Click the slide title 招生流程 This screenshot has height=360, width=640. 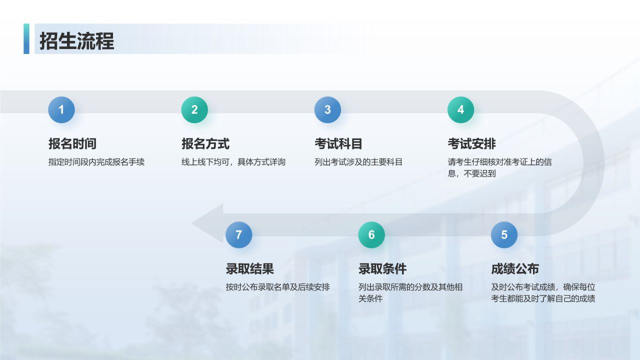pyautogui.click(x=77, y=41)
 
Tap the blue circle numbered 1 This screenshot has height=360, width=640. pyautogui.click(x=61, y=109)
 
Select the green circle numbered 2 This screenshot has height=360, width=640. pyautogui.click(x=194, y=109)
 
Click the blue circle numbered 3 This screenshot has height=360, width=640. pyautogui.click(x=327, y=109)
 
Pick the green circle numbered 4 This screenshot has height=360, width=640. pyautogui.click(x=461, y=109)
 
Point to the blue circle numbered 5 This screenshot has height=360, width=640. pyautogui.click(x=504, y=235)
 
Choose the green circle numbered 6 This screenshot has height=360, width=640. pyautogui.click(x=371, y=235)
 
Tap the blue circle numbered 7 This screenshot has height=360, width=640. pyautogui.click(x=239, y=235)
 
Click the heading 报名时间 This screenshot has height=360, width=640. pyautogui.click(x=72, y=143)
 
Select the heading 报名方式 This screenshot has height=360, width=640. pyautogui.click(x=205, y=143)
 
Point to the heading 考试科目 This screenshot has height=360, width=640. pyautogui.click(x=338, y=143)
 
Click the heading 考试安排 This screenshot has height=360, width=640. pyautogui.click(x=471, y=143)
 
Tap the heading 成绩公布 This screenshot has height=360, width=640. pyautogui.click(x=515, y=268)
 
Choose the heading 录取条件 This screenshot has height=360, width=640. pyautogui.click(x=382, y=268)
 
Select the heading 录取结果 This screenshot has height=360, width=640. pyautogui.click(x=250, y=268)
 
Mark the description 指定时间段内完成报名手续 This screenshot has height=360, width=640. pyautogui.click(x=96, y=162)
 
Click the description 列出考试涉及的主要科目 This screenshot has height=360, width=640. pyautogui.click(x=358, y=162)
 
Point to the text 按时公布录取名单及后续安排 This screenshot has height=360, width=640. pyautogui.click(x=278, y=287)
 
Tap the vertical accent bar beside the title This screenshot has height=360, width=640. pyautogui.click(x=26, y=38)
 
